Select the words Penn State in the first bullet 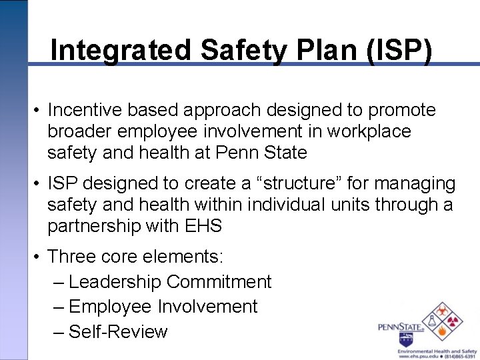[x=261, y=153]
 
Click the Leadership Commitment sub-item [x=169, y=282]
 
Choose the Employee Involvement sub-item [x=163, y=307]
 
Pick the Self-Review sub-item [x=118, y=331]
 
